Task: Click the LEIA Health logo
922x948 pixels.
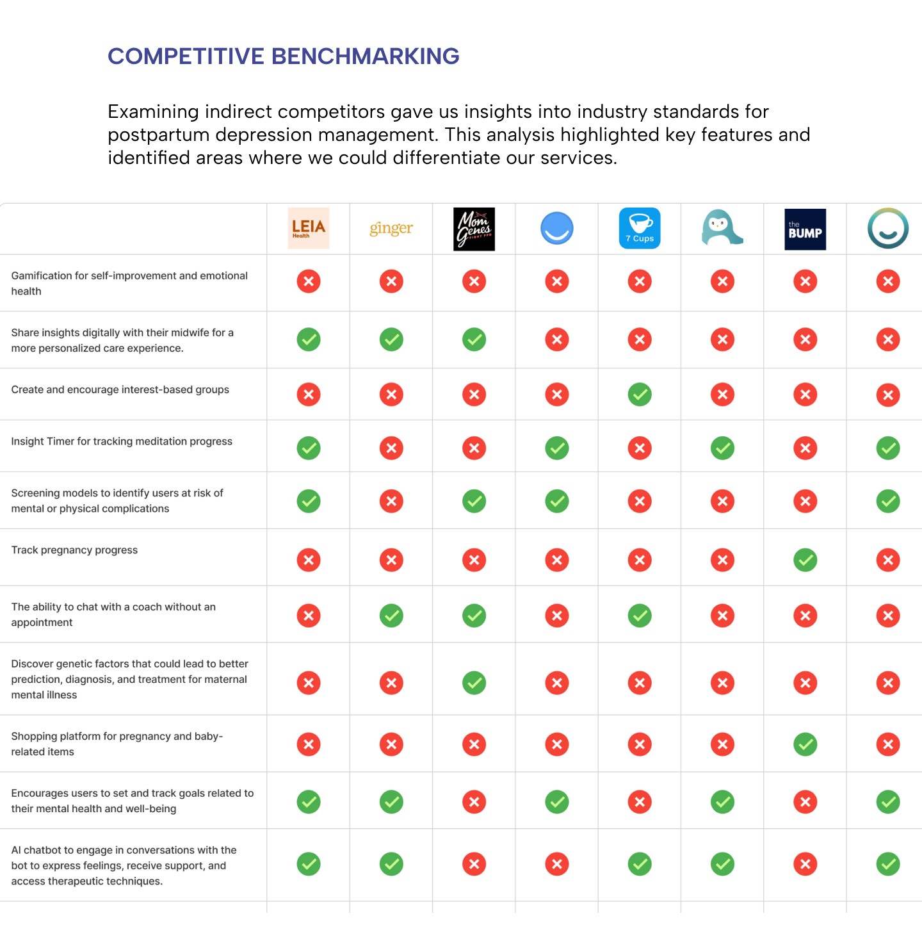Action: pos(309,228)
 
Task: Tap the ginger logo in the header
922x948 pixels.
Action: pos(391,228)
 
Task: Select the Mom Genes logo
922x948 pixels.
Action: pos(474,229)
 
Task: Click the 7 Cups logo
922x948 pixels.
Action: pos(640,228)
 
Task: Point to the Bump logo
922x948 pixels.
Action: pos(805,229)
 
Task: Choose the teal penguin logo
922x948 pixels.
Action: pos(722,228)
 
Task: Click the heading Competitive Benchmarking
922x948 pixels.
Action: pos(283,56)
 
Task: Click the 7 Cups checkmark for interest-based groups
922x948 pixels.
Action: pos(640,395)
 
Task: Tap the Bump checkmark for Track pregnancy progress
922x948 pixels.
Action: pos(805,560)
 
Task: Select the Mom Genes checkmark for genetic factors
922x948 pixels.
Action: pos(474,683)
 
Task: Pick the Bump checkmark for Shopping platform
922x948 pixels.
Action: pos(805,744)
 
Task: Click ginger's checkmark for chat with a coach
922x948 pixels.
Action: pos(391,616)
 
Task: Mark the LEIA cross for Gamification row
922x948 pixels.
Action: pos(309,281)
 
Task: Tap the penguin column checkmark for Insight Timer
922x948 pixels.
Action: pos(722,448)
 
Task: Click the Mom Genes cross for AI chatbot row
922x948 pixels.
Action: pos(474,864)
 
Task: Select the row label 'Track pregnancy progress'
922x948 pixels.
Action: pos(74,550)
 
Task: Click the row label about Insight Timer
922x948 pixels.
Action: pos(122,441)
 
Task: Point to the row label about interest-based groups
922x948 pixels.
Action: pos(120,389)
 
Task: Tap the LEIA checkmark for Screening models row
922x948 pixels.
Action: pos(309,501)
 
